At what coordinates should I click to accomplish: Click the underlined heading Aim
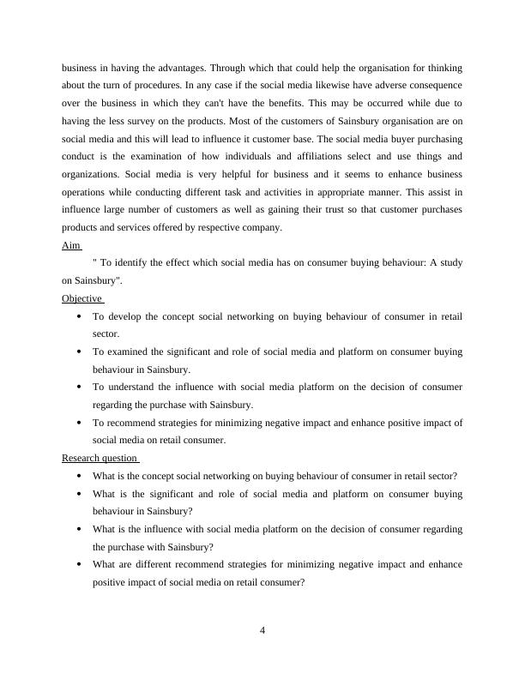71,245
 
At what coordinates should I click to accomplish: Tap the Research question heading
100,458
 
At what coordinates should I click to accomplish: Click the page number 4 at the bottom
262,631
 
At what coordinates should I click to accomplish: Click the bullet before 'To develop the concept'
79,316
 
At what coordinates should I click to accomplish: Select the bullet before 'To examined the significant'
79,352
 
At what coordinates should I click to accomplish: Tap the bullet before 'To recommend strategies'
79,423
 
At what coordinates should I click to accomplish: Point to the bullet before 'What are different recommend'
79,565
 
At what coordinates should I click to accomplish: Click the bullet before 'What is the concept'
79,476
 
